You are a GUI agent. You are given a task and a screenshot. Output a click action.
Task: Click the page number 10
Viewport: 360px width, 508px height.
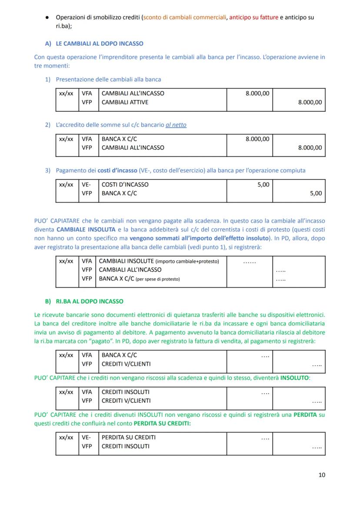(x=321, y=475)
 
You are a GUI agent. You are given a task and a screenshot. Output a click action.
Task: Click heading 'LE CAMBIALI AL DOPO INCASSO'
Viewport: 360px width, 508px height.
(x=100, y=43)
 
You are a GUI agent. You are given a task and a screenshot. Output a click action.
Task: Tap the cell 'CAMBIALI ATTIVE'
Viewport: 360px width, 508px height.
(x=125, y=102)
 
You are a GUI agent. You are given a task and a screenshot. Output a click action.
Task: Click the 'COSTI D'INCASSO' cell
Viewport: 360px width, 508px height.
(x=125, y=184)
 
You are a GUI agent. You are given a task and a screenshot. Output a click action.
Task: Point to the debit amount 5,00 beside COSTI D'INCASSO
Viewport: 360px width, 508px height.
(x=263, y=184)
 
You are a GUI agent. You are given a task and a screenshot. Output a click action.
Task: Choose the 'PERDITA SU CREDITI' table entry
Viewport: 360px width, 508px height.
(x=128, y=437)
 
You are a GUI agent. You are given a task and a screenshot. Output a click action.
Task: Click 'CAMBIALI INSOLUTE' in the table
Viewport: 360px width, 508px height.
(x=126, y=261)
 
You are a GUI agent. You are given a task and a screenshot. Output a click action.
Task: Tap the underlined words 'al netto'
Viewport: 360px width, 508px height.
(x=176, y=125)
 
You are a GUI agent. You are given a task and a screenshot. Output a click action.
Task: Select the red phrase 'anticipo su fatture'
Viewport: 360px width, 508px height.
(x=253, y=17)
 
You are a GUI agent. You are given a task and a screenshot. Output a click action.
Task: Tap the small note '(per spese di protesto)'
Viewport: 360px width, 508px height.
(x=157, y=279)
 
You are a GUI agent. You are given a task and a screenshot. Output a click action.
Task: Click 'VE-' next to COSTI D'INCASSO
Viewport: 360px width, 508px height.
(x=86, y=184)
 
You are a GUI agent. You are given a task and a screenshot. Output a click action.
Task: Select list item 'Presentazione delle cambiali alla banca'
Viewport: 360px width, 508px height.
(x=108, y=79)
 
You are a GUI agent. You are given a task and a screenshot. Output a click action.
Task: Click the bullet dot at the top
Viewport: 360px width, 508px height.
(x=47, y=17)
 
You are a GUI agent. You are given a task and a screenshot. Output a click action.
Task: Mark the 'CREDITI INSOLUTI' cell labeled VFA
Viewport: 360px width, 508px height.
(x=125, y=392)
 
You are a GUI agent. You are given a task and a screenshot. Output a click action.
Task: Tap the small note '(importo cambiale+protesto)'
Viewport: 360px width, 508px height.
(x=187, y=261)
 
